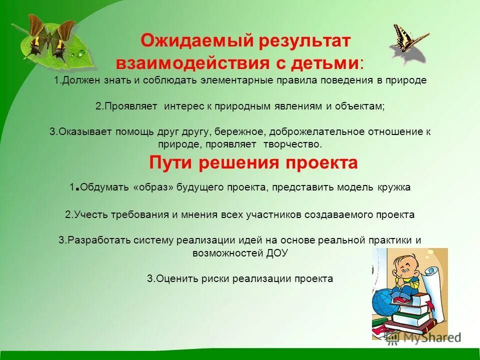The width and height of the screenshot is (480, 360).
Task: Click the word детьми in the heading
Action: coord(327,63)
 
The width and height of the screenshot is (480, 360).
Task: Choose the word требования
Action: coord(136,214)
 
